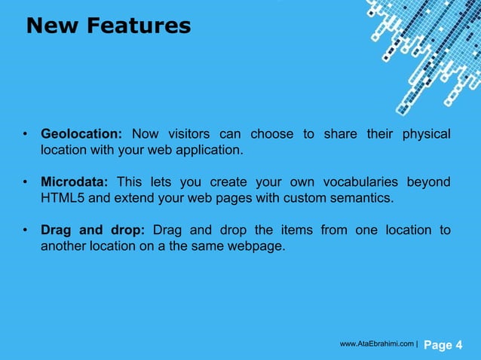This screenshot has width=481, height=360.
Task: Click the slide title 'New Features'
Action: pyautogui.click(x=108, y=26)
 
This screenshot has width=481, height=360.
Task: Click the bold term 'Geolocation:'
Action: pyautogui.click(x=81, y=135)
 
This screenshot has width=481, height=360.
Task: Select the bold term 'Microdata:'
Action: pyautogui.click(x=75, y=183)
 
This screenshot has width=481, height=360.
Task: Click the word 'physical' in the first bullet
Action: pyautogui.click(x=426, y=135)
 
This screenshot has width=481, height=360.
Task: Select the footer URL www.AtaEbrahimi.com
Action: pyautogui.click(x=376, y=344)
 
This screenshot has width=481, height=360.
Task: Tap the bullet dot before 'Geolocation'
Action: pyautogui.click(x=25, y=136)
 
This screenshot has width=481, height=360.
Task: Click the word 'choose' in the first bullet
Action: pyautogui.click(x=271, y=135)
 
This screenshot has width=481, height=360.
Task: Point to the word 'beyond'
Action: pyautogui.click(x=430, y=183)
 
